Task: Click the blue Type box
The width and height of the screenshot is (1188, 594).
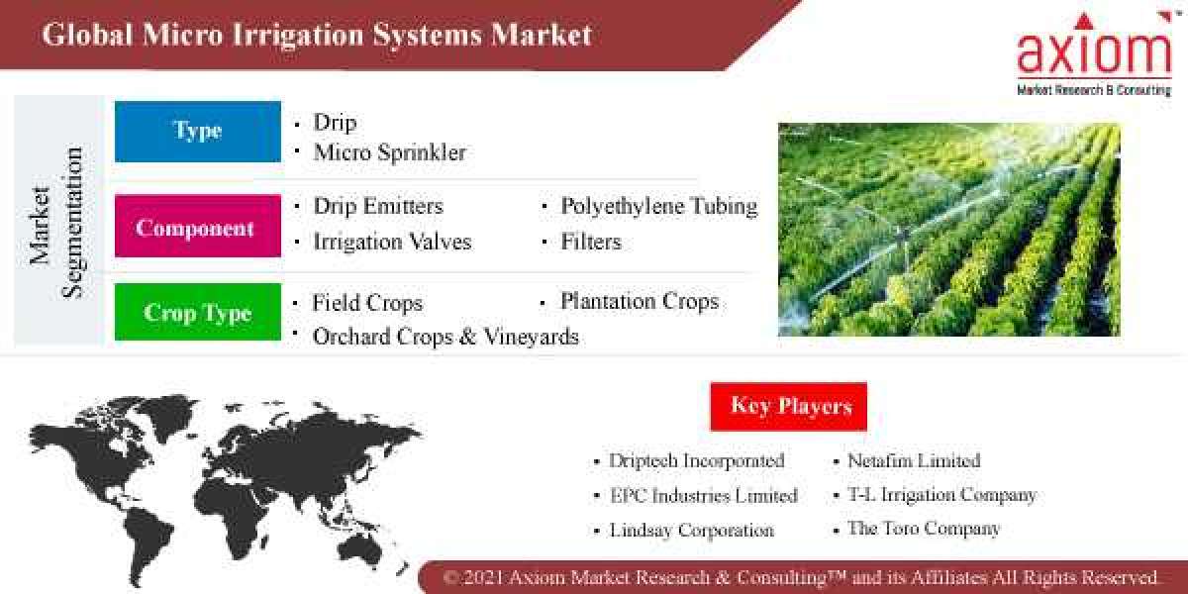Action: [x=198, y=131]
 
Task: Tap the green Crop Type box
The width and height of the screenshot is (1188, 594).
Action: [x=198, y=313]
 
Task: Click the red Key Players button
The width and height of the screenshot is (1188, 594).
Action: [x=789, y=406]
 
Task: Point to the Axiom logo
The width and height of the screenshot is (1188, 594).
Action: [x=1094, y=54]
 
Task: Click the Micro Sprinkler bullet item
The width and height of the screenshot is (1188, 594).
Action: [x=388, y=152]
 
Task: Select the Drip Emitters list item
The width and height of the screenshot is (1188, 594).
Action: [x=377, y=206]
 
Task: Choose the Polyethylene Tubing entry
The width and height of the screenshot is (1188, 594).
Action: [x=658, y=206]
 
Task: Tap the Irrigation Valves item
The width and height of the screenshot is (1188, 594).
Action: [x=392, y=242]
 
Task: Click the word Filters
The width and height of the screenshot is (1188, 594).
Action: [x=591, y=242]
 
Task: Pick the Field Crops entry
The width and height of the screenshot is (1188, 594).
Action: [x=367, y=303]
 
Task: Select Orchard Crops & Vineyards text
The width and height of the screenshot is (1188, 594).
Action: [x=445, y=337]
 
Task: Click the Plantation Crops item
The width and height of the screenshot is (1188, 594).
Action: [x=640, y=301]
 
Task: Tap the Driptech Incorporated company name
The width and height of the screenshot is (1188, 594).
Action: [x=696, y=460]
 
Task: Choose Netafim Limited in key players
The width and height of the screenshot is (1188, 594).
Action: [x=914, y=460]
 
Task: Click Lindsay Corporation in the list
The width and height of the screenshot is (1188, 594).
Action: [x=691, y=530]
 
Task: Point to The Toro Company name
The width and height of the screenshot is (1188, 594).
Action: [x=923, y=529]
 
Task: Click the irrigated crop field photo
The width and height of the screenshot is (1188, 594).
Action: [x=948, y=229]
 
